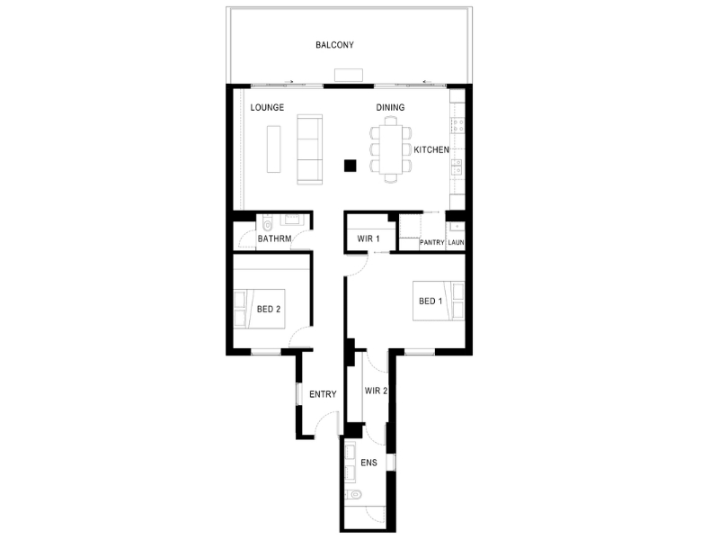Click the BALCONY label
[x=334, y=45]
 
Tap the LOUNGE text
[x=267, y=107]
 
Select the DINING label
[x=390, y=107]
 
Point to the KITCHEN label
[x=431, y=149]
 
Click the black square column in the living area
[x=351, y=166]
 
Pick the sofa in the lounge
[x=309, y=149]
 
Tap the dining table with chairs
[x=391, y=149]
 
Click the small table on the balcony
[x=349, y=75]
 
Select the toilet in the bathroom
[x=267, y=224]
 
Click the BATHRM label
[x=274, y=238]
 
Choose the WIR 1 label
[x=368, y=238]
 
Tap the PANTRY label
[x=432, y=242]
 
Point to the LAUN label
[x=456, y=242]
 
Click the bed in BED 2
[x=260, y=309]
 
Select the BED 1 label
[x=431, y=301]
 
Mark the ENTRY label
[x=323, y=394]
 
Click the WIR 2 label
[x=376, y=391]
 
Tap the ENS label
[x=368, y=463]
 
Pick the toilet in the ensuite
[x=354, y=494]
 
